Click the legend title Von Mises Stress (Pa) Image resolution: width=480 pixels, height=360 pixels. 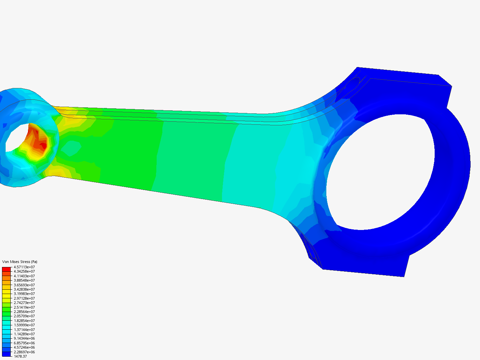tap(20, 262)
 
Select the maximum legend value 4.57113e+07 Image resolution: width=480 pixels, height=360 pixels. tap(24, 267)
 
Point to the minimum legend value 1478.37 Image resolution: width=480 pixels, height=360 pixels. tap(20, 356)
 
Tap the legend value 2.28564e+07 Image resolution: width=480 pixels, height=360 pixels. tap(24, 312)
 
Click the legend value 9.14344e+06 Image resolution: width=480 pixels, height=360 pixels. tap(24, 338)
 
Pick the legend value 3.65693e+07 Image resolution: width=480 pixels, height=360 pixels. tap(24, 285)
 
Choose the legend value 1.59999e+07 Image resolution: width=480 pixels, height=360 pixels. tap(24, 325)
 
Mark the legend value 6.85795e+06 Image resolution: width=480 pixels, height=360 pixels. tap(24, 343)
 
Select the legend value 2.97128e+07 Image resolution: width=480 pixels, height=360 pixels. tap(24, 298)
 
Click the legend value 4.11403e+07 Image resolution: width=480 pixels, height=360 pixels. tap(24, 276)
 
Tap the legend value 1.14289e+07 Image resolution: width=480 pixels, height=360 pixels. tap(24, 334)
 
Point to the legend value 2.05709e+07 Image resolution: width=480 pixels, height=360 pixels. tap(24, 316)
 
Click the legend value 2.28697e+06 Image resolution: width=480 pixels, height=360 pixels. tap(24, 352)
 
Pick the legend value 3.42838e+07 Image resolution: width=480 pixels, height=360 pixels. tap(24, 289)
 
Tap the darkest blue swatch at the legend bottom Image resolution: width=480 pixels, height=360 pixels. tap(6, 354)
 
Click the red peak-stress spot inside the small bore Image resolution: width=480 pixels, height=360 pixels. tap(43, 146)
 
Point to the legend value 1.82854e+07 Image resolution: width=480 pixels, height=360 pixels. tap(24, 321)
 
